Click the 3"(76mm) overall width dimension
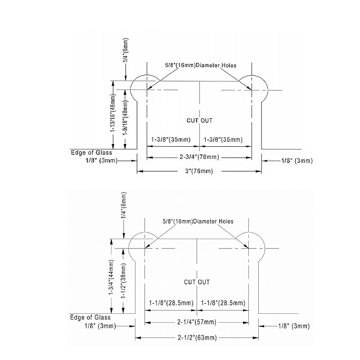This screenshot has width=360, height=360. [x=199, y=171]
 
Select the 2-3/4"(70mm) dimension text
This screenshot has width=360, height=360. [x=199, y=157]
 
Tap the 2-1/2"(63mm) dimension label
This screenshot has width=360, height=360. [x=197, y=338]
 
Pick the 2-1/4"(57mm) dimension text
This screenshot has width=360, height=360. [x=197, y=322]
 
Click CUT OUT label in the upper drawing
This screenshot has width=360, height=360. [x=199, y=121]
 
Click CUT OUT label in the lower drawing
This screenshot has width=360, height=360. [x=197, y=282]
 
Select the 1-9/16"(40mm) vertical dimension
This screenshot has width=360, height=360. [x=126, y=118]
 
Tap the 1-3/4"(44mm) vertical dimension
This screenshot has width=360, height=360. [x=112, y=277]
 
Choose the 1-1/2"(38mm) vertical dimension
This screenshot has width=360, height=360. [x=123, y=280]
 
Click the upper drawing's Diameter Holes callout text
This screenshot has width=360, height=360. [x=201, y=65]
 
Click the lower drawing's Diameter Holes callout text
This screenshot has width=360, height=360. [x=198, y=221]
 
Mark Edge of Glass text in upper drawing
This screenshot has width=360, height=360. [x=91, y=153]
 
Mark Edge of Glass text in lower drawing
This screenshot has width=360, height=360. [x=90, y=318]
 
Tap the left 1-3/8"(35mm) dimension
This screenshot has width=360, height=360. [x=171, y=139]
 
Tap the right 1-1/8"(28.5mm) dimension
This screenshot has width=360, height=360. [x=223, y=303]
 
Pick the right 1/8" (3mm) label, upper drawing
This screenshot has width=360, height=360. [x=297, y=161]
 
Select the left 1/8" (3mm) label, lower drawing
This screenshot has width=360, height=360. [x=100, y=326]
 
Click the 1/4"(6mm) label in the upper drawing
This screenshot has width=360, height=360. [x=126, y=50]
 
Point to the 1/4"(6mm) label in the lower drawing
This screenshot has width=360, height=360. [x=124, y=205]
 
